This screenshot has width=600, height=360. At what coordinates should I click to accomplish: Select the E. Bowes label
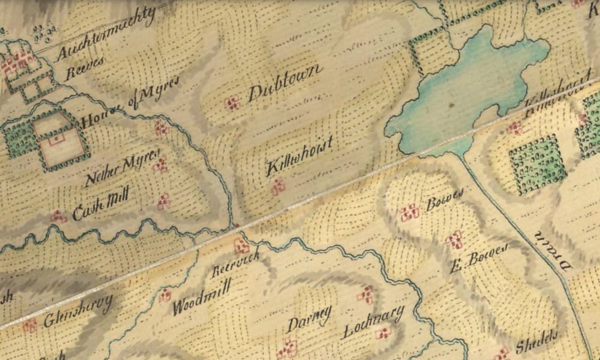click(479, 257)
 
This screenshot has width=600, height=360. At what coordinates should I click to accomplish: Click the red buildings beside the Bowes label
click(409, 211)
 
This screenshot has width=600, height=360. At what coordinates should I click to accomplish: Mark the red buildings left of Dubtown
click(232, 104)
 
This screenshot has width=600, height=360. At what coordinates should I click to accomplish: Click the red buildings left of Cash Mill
click(58, 216)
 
